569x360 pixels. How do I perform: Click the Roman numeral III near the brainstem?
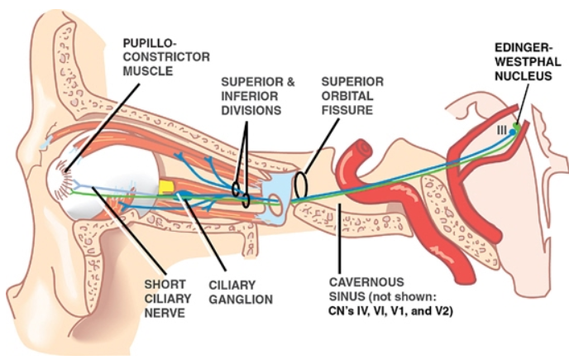[x=500, y=130]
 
